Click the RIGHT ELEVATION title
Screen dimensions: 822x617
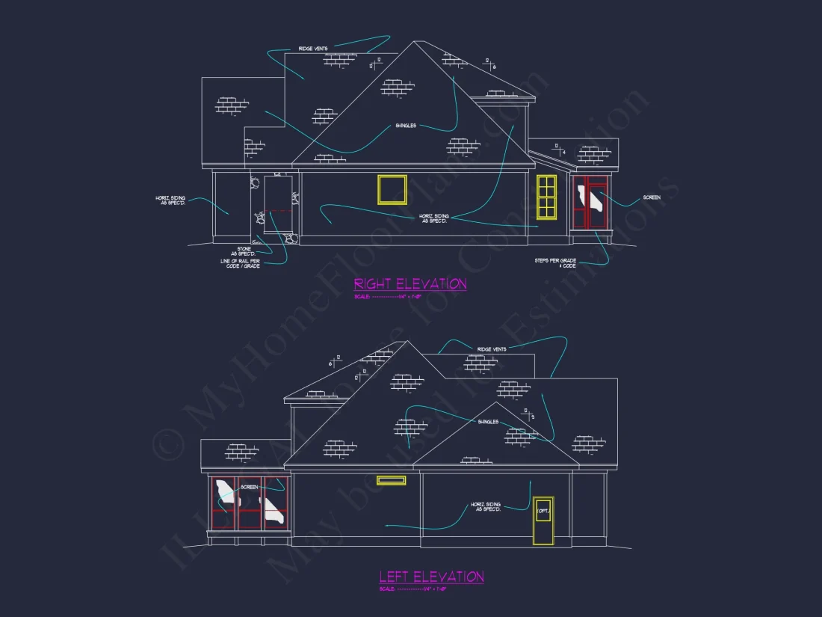410,284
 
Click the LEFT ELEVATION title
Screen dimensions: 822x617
431,577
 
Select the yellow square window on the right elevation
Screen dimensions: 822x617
392,189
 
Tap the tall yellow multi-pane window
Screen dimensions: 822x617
547,197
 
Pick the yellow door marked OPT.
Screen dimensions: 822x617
543,521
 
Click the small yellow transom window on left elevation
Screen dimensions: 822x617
392,480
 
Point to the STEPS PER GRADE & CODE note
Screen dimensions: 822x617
555,263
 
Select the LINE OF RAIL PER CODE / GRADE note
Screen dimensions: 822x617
240,263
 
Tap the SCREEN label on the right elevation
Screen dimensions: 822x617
652,197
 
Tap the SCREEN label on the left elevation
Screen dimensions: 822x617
250,487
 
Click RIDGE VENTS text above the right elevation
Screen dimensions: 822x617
313,49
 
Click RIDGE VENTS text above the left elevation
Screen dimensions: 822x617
491,349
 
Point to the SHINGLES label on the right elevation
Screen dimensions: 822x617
406,126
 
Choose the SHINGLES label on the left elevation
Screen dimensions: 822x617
488,422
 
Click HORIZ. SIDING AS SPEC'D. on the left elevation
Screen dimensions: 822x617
486,507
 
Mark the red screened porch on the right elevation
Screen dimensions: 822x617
591,203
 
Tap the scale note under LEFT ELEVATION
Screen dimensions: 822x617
407,589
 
